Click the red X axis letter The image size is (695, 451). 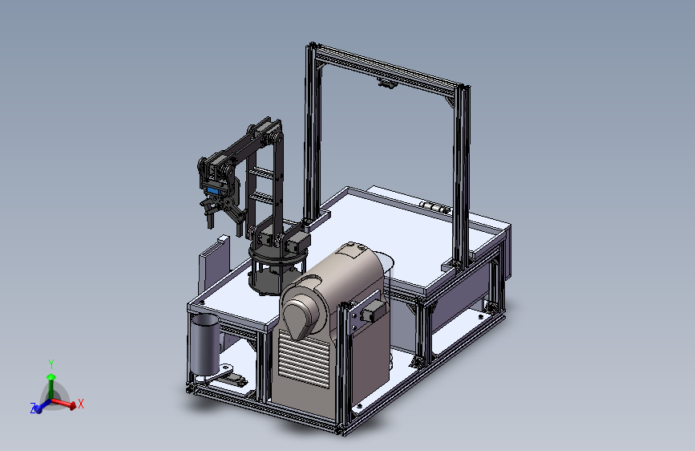81,404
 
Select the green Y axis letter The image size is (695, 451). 51,364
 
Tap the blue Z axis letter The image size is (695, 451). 33,408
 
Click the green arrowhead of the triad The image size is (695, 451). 51,377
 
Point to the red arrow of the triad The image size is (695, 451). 64,403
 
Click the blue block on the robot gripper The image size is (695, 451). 214,191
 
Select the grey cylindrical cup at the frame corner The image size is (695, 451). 204,343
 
